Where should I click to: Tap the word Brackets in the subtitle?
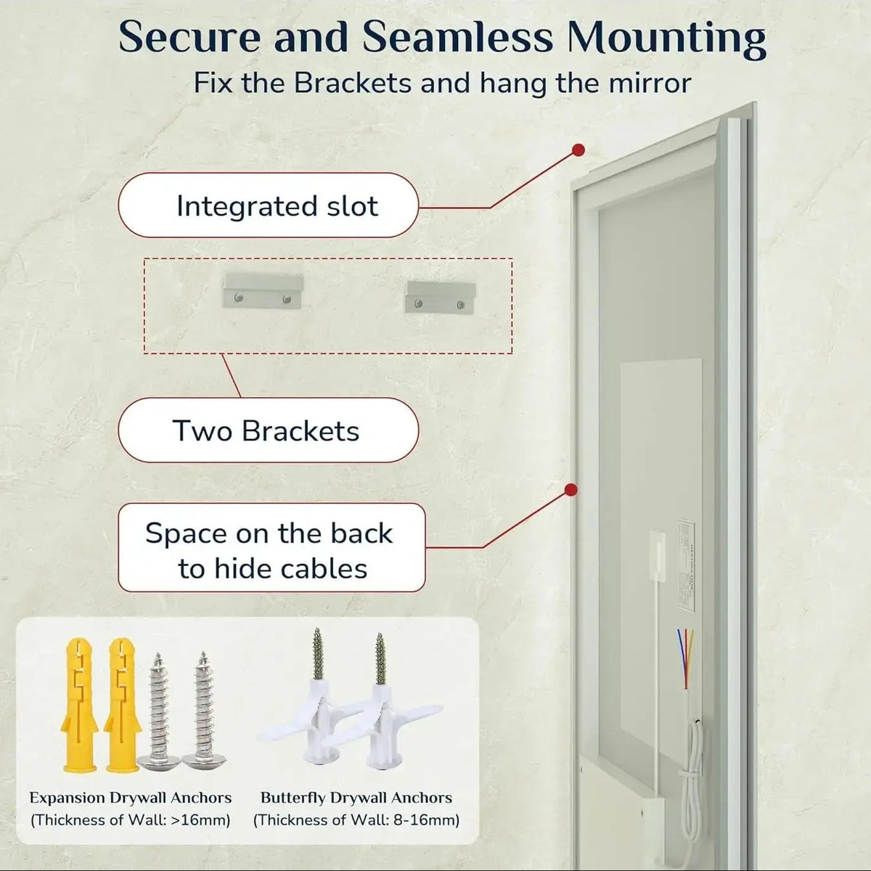(353, 83)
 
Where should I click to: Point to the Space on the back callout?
(271, 549)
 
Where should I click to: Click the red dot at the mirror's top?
(578, 150)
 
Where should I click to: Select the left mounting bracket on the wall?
(262, 290)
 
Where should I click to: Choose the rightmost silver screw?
(200, 711)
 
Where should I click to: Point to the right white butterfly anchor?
(385, 719)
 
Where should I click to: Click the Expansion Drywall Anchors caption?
(131, 798)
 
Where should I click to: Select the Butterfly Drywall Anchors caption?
(356, 798)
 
